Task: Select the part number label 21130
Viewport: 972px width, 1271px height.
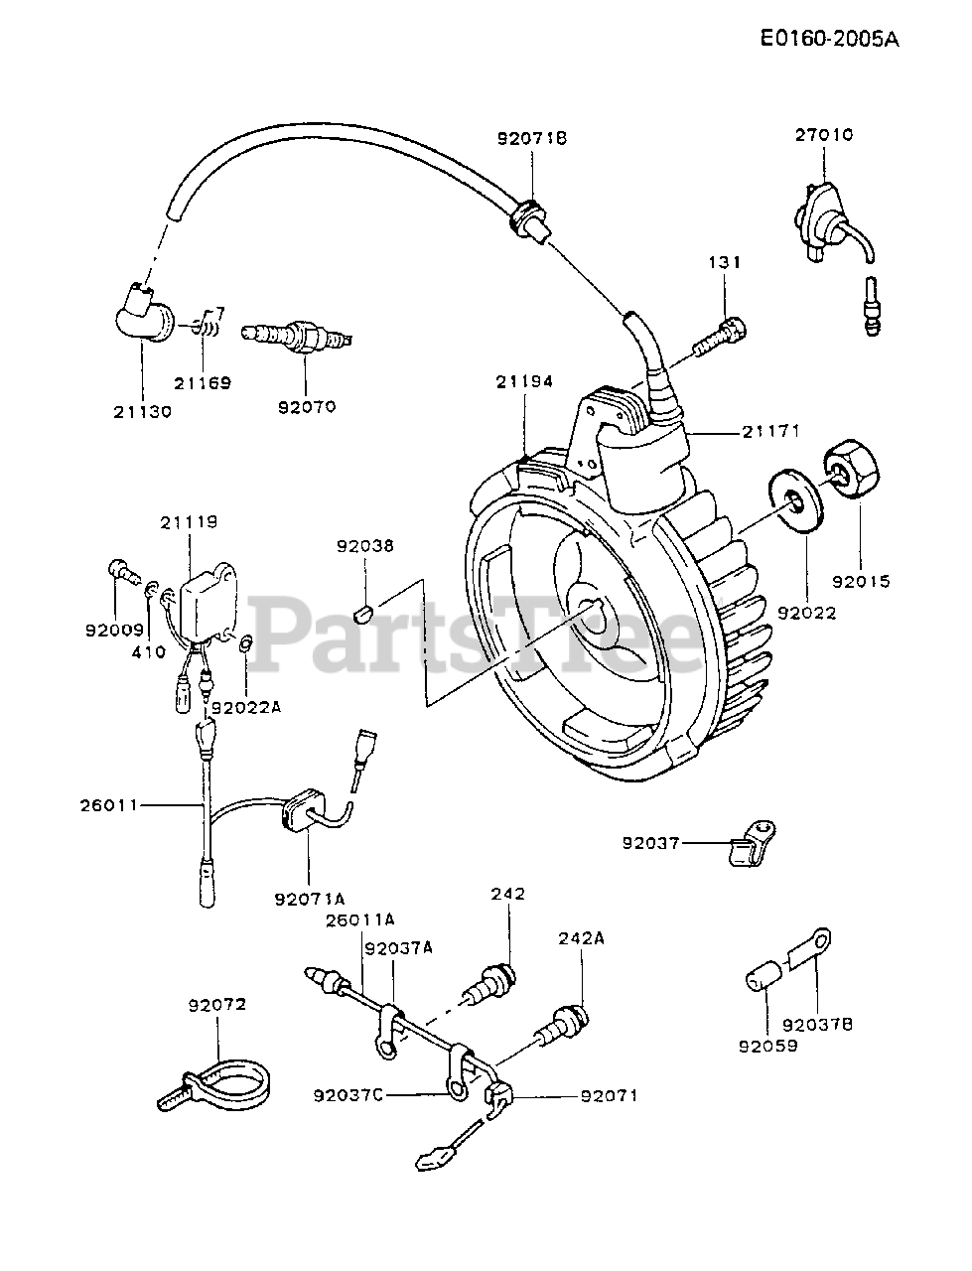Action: [x=141, y=411]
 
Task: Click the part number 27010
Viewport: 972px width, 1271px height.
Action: [x=823, y=134]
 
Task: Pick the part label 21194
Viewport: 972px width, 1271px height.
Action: [x=525, y=381]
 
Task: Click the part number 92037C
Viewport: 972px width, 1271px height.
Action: [x=347, y=1095]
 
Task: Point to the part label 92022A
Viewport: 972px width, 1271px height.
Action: [x=246, y=707]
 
